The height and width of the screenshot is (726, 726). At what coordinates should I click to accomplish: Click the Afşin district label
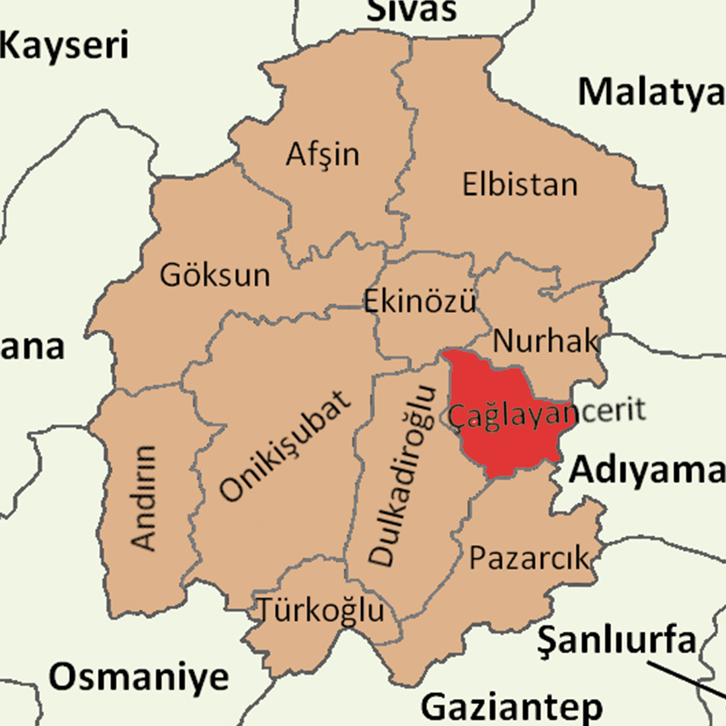coord(323,155)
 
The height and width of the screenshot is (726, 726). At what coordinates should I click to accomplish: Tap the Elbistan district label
coord(520,184)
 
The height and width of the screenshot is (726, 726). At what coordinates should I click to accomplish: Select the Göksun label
coord(215,276)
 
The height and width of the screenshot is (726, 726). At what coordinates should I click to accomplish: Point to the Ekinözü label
coord(420,301)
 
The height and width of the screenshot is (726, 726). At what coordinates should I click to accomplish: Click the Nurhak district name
coord(545,341)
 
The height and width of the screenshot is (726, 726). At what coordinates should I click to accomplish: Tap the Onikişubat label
coord(286,446)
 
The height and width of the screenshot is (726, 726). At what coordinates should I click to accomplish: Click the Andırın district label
coord(145,497)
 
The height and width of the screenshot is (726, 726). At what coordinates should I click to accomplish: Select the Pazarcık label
coord(528,558)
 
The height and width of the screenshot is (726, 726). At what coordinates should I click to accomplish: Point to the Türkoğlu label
coord(322,610)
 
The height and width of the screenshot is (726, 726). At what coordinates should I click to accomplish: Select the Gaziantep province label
coord(512,707)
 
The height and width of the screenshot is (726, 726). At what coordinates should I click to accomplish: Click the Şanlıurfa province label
coord(616,641)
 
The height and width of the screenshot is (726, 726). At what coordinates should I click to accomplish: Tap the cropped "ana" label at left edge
coord(32,348)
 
